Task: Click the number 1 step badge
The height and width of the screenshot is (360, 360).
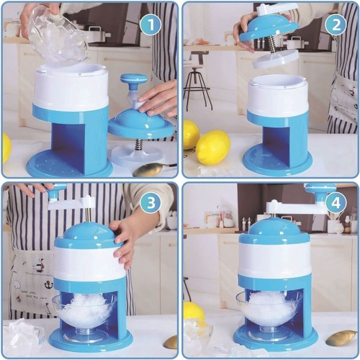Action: (151, 24)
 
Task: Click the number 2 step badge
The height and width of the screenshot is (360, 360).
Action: (336, 24)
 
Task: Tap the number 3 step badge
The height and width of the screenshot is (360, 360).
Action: (151, 203)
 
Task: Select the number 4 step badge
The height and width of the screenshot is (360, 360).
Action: (336, 203)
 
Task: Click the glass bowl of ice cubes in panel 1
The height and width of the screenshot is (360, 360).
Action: (58, 35)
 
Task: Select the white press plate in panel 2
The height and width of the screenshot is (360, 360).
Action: (275, 59)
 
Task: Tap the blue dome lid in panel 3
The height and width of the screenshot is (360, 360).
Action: (89, 235)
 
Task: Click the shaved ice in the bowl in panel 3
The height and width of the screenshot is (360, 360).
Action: (86, 310)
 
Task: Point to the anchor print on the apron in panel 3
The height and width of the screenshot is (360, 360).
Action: (49, 286)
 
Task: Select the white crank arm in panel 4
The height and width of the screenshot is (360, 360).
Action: (297, 207)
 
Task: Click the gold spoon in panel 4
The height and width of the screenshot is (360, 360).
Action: (341, 338)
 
